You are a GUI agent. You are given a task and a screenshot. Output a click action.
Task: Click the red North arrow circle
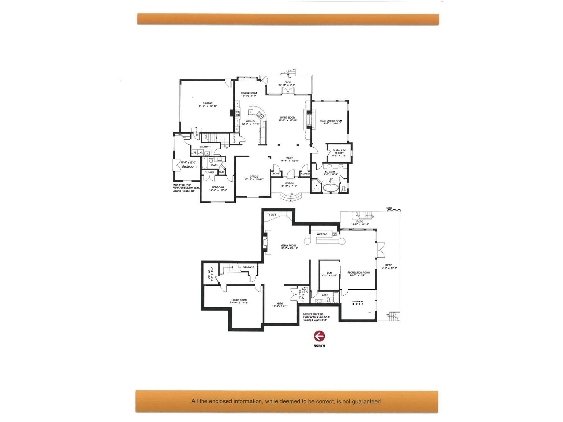(x=319, y=336)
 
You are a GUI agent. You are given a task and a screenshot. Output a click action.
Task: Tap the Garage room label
(x=207, y=103)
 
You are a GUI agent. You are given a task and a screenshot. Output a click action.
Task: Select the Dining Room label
(x=249, y=93)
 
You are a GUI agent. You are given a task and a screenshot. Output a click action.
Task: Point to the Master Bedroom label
(x=331, y=121)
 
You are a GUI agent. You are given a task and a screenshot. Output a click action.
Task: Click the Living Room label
(x=287, y=118)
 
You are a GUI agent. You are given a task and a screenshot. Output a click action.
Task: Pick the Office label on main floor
(x=254, y=177)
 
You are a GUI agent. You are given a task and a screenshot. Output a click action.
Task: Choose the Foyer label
(x=289, y=158)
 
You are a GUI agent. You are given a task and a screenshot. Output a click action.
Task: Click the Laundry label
(x=205, y=147)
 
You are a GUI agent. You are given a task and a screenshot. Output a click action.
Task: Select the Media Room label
(x=288, y=245)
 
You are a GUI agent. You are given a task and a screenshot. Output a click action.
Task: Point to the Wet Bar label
(x=322, y=234)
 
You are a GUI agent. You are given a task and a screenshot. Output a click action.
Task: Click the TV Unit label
(x=272, y=215)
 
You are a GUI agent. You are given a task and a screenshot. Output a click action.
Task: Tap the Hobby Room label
(x=239, y=300)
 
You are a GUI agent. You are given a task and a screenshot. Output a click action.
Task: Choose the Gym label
(x=280, y=303)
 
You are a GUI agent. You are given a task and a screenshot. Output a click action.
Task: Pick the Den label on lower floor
(x=329, y=273)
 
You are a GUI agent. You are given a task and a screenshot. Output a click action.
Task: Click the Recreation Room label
(x=359, y=273)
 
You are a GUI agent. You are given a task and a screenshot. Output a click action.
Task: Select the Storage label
(x=248, y=267)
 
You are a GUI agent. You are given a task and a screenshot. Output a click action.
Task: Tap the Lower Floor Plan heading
(x=313, y=314)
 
